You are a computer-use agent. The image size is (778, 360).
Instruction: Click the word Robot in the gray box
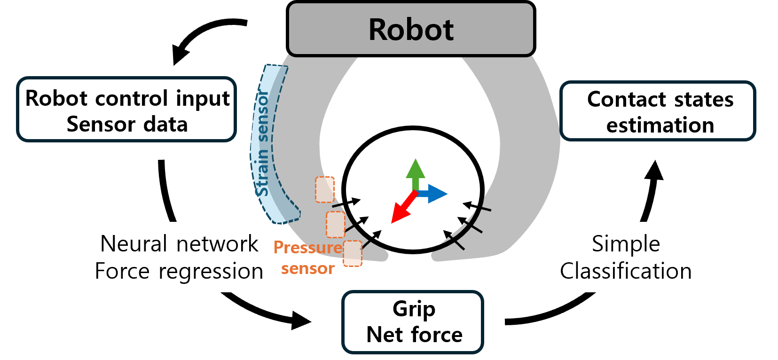tap(411, 30)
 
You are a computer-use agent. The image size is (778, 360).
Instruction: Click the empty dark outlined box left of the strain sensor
tap(126, 109)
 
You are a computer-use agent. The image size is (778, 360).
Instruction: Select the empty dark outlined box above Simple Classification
tap(657, 110)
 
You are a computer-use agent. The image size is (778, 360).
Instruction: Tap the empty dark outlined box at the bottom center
tap(412, 322)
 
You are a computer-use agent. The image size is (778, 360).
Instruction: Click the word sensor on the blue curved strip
tap(263, 116)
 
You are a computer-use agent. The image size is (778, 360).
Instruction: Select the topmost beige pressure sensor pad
tap(324, 189)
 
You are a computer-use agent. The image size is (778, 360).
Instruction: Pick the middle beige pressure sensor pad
tap(336, 224)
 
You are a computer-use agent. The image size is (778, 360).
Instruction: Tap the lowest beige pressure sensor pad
tap(353, 253)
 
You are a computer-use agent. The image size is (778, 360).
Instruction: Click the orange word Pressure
tap(308, 247)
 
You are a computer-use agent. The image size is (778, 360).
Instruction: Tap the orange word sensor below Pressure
tap(308, 268)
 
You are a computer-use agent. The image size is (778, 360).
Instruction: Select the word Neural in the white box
tap(134, 244)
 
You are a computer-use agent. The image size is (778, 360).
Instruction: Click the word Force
tap(122, 271)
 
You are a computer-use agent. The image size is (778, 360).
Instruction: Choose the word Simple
tap(626, 244)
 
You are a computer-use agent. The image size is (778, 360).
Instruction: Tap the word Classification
tap(626, 271)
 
